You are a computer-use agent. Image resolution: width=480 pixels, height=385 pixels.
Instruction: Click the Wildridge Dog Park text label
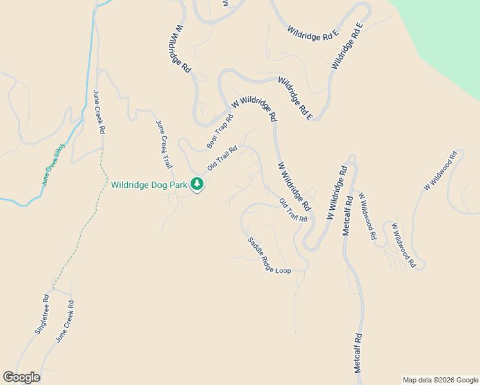coord(148,185)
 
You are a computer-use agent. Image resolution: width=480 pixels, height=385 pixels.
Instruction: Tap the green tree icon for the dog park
coord(197,185)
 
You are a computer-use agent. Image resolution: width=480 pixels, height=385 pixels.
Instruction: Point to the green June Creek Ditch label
coord(54,165)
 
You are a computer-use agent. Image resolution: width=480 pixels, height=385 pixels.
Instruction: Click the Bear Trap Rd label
coord(219,132)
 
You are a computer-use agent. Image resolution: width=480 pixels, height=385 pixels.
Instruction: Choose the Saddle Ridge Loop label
coord(269,256)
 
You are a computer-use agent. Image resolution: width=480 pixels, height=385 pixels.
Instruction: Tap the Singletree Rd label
coord(42,314)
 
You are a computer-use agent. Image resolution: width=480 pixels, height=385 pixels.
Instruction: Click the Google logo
coord(21,377)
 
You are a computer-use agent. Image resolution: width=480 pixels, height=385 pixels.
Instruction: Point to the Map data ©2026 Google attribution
coord(440,380)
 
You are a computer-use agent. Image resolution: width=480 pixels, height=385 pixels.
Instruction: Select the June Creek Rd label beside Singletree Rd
coord(65,322)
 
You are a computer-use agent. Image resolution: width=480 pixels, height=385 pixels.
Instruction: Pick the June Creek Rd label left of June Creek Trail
coord(99,111)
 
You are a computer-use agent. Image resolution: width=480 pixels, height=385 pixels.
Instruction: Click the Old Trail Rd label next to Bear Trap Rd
coord(222,158)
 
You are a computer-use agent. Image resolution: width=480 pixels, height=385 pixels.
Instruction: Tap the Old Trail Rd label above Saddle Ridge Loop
coord(293,210)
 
